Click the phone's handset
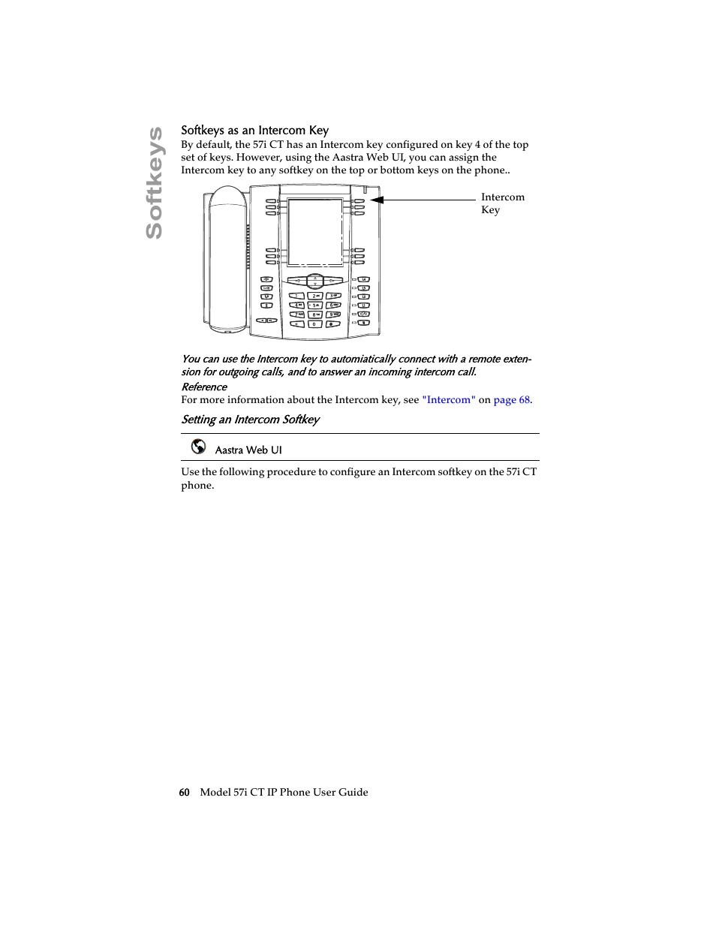point(227,259)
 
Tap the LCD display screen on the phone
point(315,231)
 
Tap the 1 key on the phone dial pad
point(297,296)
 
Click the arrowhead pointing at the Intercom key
point(377,200)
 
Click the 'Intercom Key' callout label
point(502,203)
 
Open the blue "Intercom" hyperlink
point(449,400)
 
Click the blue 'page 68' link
point(512,400)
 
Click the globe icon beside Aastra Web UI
point(198,447)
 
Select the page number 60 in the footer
point(184,793)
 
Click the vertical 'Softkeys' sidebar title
point(154,183)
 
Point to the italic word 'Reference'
point(204,387)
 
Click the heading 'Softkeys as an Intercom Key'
point(254,131)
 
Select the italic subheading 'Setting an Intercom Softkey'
point(250,420)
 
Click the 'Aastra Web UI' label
point(248,450)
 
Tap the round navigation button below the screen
point(315,281)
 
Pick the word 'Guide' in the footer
point(353,793)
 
